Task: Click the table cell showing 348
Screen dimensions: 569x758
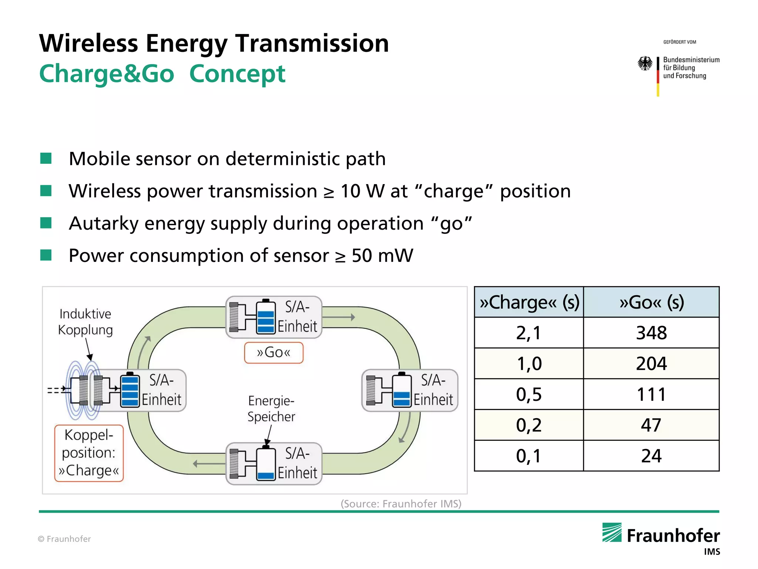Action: pyautogui.click(x=651, y=333)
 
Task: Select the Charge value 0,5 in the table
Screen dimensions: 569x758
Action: pyautogui.click(x=529, y=394)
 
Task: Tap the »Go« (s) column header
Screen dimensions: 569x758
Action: pyautogui.click(x=651, y=302)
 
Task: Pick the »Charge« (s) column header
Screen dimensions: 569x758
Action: pyautogui.click(x=529, y=302)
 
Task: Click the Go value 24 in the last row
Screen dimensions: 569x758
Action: pyautogui.click(x=651, y=456)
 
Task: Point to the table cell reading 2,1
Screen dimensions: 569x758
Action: pyautogui.click(x=529, y=333)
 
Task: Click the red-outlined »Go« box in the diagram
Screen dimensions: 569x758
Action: pyautogui.click(x=274, y=352)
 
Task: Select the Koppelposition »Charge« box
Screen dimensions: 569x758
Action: pyautogui.click(x=89, y=453)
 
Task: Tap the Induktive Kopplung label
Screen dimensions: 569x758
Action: pyautogui.click(x=85, y=322)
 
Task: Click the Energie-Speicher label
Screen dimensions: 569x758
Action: pyautogui.click(x=271, y=409)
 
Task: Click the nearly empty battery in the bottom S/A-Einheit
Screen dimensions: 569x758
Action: pyautogui.click(x=266, y=464)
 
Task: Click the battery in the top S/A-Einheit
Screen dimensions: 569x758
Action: pyautogui.click(x=266, y=317)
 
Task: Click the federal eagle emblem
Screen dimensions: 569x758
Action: pyautogui.click(x=645, y=63)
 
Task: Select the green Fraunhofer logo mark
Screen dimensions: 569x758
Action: pyautogui.click(x=612, y=532)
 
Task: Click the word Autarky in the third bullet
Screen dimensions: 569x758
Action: pyautogui.click(x=103, y=224)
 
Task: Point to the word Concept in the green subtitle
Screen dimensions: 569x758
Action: pyautogui.click(x=237, y=74)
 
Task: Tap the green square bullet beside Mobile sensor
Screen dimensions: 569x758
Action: pyautogui.click(x=46, y=159)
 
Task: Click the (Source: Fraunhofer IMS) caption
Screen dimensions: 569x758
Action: pyautogui.click(x=401, y=504)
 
